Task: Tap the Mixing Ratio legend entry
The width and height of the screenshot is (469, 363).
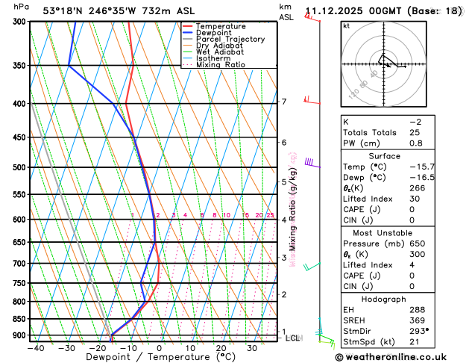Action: coord(220,65)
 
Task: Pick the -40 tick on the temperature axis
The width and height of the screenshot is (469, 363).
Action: coord(36,348)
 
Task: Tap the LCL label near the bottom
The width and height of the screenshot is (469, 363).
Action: coord(293,338)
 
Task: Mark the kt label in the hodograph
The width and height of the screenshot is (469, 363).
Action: coord(346,26)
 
